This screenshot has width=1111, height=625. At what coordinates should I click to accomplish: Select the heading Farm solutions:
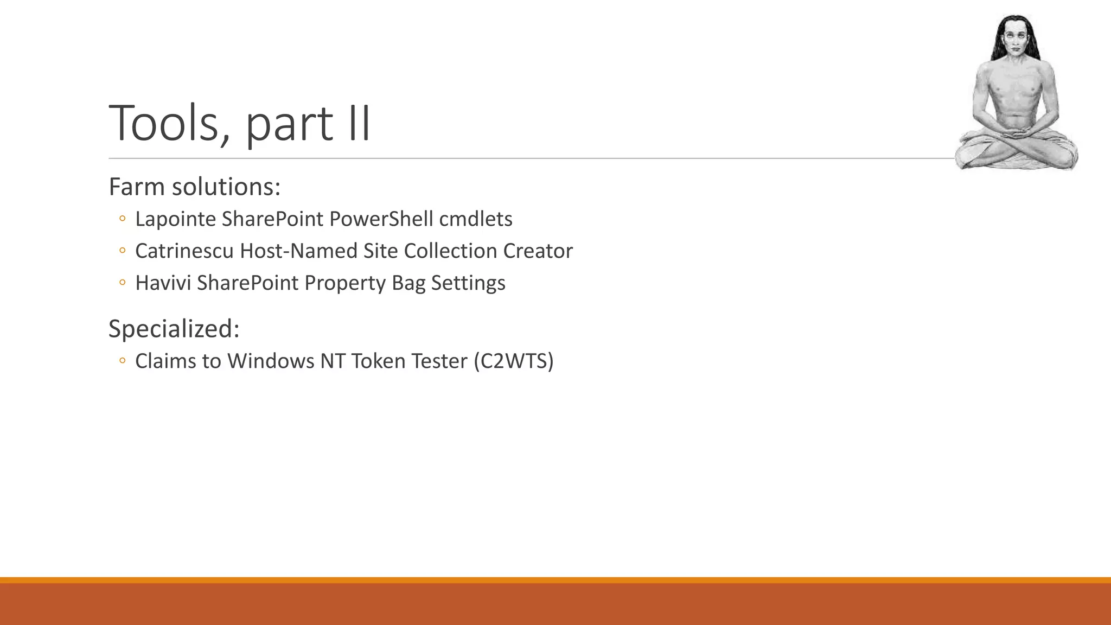point(195,187)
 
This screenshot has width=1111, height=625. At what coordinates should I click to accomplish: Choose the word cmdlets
point(476,219)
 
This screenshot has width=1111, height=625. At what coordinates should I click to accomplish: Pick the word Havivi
point(163,283)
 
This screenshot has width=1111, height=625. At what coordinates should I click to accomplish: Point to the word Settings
point(468,283)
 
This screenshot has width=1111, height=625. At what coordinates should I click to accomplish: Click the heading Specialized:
point(174,329)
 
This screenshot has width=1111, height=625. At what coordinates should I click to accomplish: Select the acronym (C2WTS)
point(513,361)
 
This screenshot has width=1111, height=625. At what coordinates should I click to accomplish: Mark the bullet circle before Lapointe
point(123,219)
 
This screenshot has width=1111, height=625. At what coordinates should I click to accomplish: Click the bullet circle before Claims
point(123,361)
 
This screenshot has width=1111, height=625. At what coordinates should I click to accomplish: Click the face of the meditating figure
point(1015,40)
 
